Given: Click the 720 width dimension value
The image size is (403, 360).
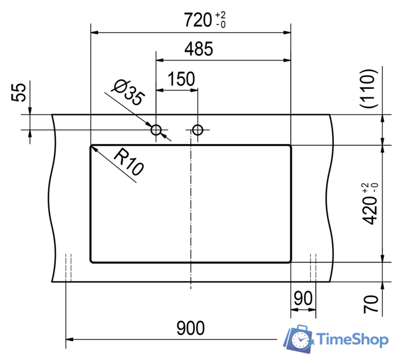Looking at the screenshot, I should (197, 20).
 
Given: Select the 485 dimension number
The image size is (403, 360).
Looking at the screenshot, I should (199, 49).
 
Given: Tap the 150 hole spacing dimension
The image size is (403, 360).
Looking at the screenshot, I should (181, 79).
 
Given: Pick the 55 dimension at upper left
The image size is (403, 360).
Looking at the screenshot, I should (19, 92).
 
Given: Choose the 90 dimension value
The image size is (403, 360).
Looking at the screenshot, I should (302, 299).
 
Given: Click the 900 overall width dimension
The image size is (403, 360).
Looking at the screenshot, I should (191, 327).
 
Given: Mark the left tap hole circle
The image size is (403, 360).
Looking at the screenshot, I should (156, 130).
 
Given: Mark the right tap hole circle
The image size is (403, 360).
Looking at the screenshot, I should (197, 130).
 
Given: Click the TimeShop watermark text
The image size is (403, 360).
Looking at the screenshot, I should (352, 340).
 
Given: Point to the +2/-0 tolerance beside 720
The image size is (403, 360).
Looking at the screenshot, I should (220, 21).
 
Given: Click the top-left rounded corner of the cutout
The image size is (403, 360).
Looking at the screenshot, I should (92, 147).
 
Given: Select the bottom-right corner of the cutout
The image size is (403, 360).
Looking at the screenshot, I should (289, 260).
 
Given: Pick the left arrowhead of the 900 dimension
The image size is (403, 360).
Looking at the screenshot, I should (70, 339).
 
